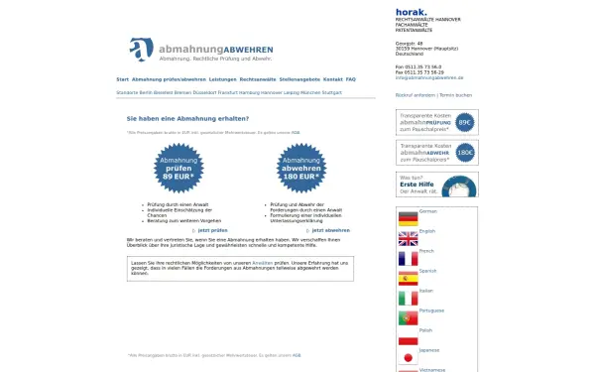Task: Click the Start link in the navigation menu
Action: [122, 78]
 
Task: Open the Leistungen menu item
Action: [222, 78]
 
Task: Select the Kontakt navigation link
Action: [332, 78]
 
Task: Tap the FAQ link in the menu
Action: [351, 78]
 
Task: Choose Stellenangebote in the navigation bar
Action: [299, 78]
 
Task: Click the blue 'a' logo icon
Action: [142, 49]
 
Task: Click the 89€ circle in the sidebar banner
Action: [464, 122]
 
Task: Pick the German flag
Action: [408, 216]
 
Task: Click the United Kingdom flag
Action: [408, 238]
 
